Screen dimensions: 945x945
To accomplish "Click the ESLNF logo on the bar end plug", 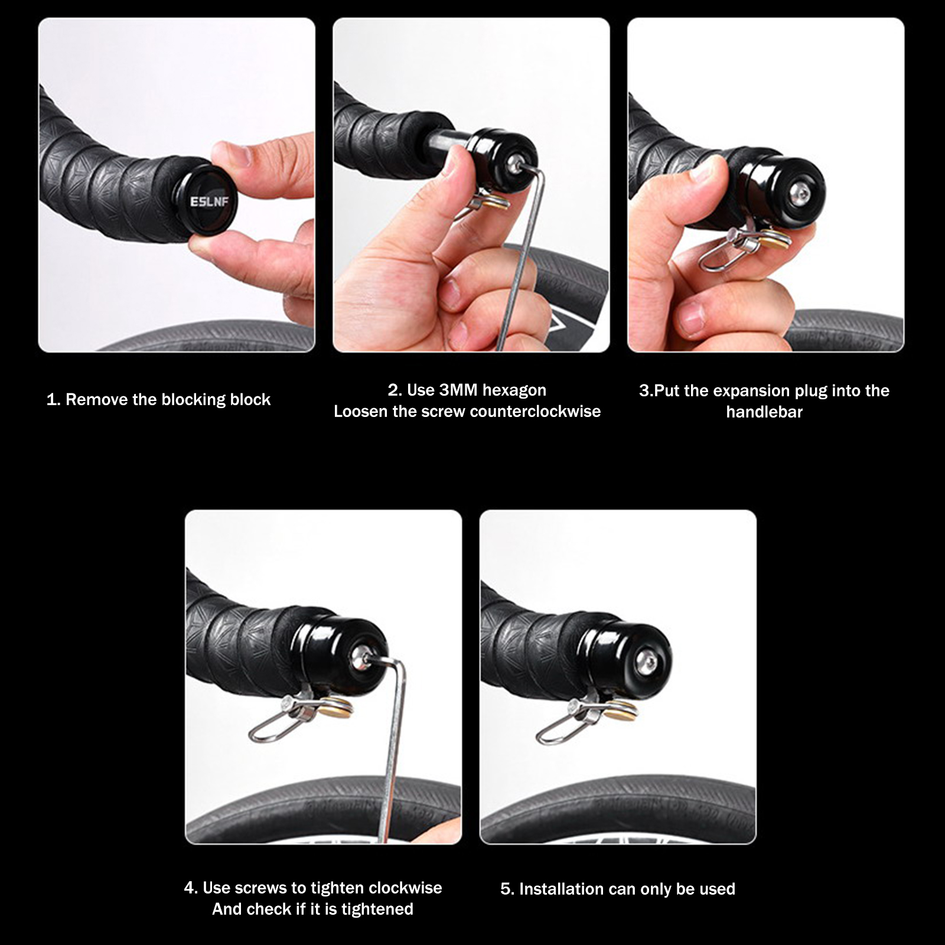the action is pyautogui.click(x=209, y=201).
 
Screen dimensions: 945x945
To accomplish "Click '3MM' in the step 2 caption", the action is pyautogui.click(x=458, y=390).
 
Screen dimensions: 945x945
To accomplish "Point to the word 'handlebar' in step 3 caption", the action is pyautogui.click(x=764, y=412).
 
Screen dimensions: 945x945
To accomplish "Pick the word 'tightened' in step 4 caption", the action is pyautogui.click(x=377, y=909).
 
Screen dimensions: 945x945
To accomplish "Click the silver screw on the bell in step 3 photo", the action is pyautogui.click(x=799, y=195).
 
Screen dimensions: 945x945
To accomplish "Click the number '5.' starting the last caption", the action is pyautogui.click(x=507, y=889).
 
